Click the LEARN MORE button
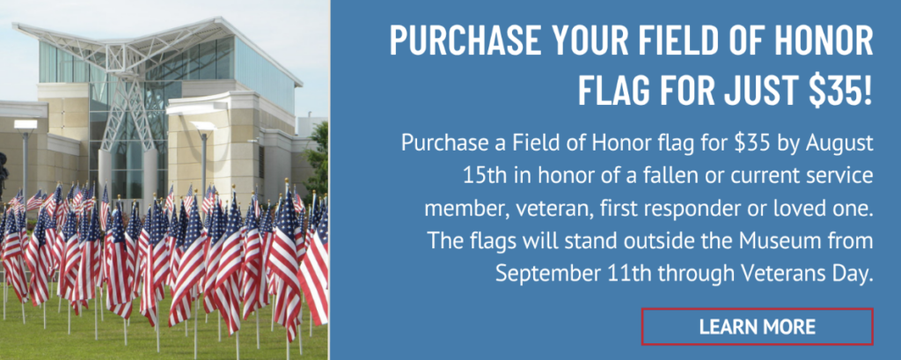tap(757, 326)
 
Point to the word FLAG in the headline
tap(612, 90)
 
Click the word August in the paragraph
tap(839, 143)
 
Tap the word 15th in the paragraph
tap(481, 175)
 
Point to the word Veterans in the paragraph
tap(767, 273)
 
